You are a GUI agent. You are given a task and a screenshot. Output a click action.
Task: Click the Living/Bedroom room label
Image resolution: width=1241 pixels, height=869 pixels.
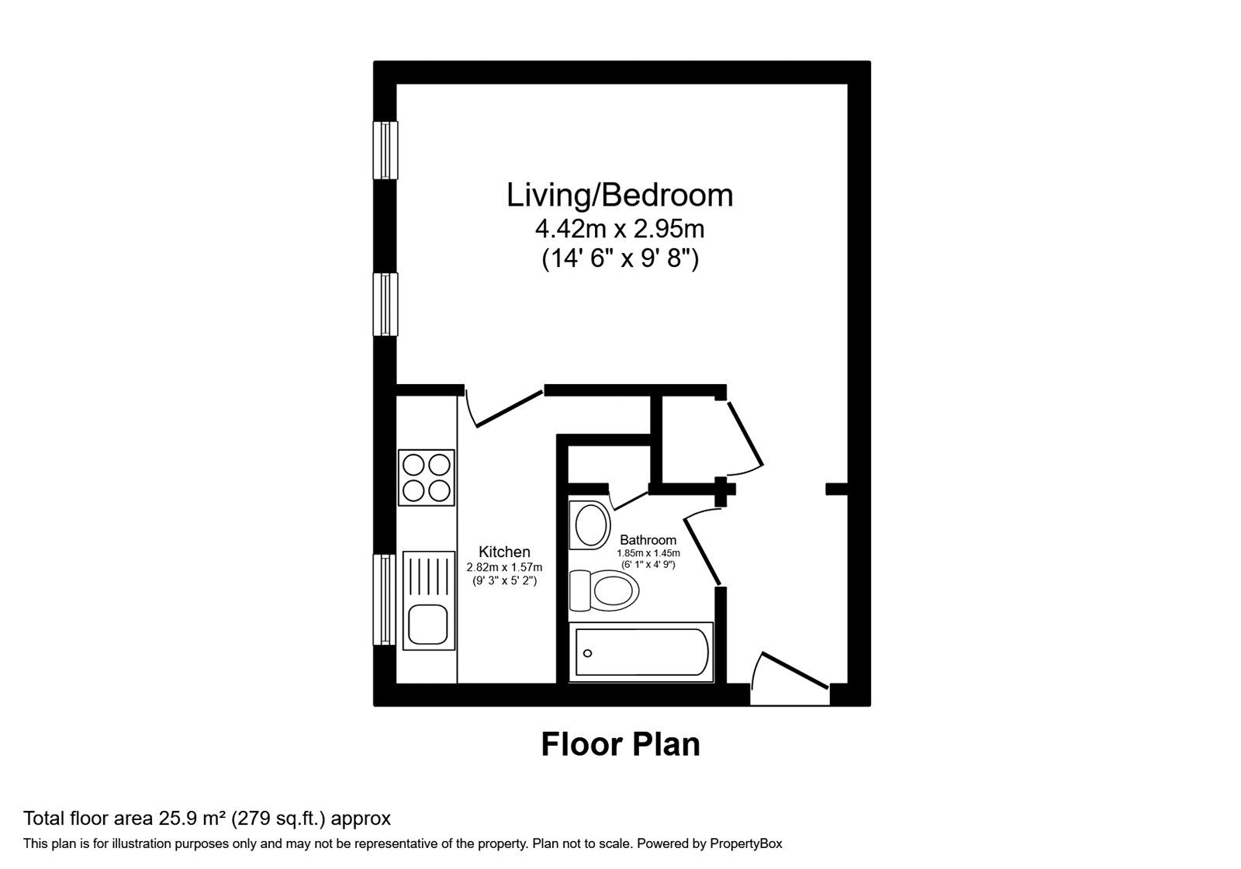[x=620, y=196]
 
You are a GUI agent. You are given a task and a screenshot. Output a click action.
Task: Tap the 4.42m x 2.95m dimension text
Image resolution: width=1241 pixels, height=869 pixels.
[x=620, y=229]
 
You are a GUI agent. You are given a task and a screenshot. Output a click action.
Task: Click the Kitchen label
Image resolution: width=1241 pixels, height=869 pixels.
[x=504, y=552]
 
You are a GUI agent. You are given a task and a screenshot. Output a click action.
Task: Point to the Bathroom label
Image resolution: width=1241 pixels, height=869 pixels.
[x=648, y=540]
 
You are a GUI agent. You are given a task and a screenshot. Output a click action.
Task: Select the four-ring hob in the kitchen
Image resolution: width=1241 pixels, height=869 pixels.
[x=426, y=478]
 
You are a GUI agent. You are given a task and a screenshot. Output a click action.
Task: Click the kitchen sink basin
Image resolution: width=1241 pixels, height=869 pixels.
[x=427, y=625]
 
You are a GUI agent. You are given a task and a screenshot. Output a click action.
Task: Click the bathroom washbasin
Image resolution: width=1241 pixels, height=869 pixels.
[x=591, y=525]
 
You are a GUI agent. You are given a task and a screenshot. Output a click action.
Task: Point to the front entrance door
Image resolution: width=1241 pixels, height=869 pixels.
[x=793, y=671]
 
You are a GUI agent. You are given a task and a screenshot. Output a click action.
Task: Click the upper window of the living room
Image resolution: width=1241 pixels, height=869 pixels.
[x=385, y=150]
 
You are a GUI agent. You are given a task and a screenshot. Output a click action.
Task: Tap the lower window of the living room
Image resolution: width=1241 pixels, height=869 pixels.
[x=385, y=304]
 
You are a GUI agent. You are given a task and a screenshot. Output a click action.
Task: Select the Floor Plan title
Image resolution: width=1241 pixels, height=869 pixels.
[x=620, y=744]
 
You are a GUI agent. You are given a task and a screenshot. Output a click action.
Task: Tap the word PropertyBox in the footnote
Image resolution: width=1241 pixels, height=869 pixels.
[x=745, y=843]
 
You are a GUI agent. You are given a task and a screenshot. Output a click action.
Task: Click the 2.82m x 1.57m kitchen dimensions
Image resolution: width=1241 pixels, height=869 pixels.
[x=504, y=567]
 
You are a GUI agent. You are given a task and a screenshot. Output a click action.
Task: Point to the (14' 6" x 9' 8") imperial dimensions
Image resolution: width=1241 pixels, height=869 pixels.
[x=620, y=259]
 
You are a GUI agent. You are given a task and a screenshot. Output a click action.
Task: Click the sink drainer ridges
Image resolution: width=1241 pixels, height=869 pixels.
[x=427, y=576]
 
